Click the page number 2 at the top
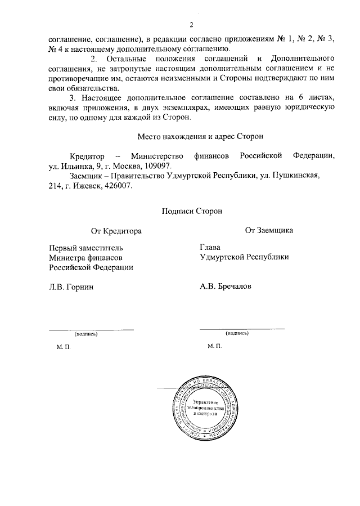(191, 25)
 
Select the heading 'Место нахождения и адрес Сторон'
(200, 136)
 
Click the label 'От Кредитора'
(116, 230)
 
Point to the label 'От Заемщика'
(268, 230)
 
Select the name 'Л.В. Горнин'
(71, 286)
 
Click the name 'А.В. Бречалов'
(226, 286)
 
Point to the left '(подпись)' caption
(86, 334)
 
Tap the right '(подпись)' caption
(237, 333)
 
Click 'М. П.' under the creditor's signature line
(64, 347)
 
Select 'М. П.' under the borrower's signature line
(214, 347)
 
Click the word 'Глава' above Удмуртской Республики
(210, 247)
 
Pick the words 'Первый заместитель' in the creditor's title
(85, 247)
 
